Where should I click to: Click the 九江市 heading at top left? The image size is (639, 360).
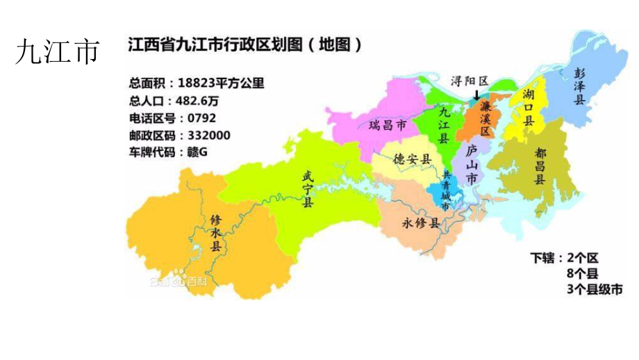tap(57, 52)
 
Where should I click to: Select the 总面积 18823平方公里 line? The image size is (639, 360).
tap(197, 83)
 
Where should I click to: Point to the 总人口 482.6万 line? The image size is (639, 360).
tap(179, 100)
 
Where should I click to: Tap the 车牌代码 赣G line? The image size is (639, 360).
tap(169, 152)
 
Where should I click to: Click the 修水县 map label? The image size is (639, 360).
tap(216, 232)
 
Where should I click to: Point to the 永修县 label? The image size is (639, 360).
tap(421, 223)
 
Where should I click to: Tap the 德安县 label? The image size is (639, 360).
tap(413, 159)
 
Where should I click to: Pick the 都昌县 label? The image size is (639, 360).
tap(540, 164)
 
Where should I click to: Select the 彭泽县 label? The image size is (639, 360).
tap(579, 86)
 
